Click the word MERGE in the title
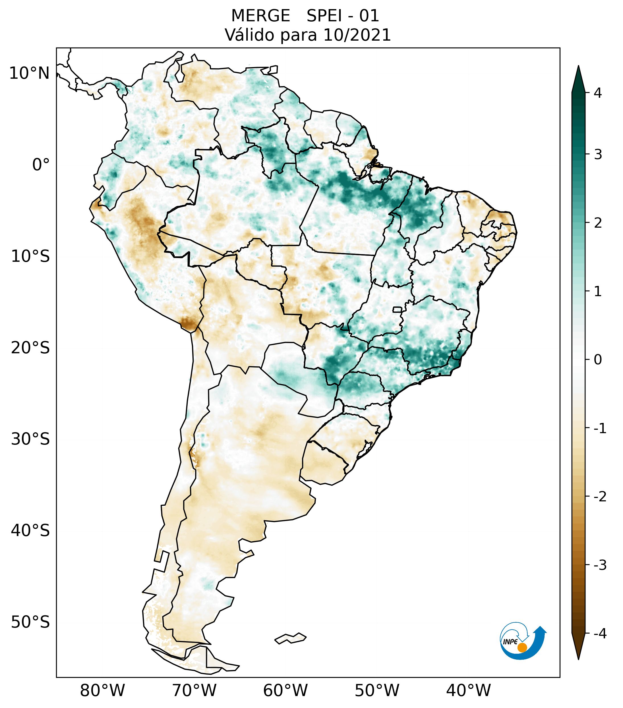[260, 16]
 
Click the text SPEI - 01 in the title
[343, 16]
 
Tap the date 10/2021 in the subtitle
[357, 35]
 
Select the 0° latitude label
[41, 165]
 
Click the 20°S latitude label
[30, 348]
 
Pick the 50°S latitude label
[30, 622]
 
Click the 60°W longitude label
[285, 690]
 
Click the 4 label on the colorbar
[598, 93]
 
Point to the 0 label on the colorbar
[598, 360]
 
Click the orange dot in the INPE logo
[522, 647]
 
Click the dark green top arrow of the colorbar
[578, 80]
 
